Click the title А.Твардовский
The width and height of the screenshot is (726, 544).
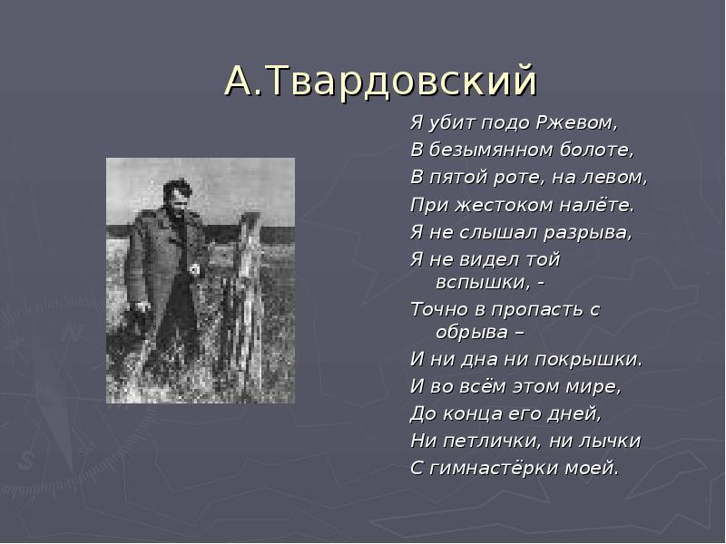(380, 82)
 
